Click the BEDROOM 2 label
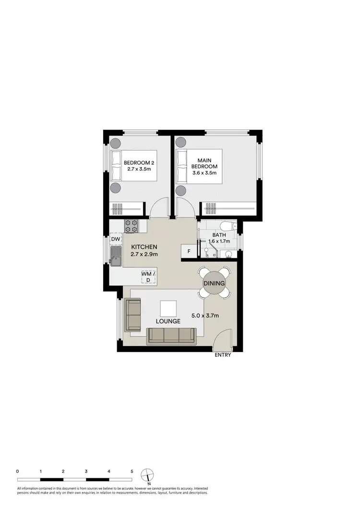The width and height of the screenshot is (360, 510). (139, 166)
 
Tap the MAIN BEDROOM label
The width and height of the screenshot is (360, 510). (207, 166)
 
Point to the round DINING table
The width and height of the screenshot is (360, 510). (214, 283)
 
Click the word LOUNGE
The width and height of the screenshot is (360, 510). (167, 321)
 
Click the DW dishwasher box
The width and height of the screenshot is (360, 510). (116, 239)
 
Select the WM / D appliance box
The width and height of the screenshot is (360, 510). (148, 277)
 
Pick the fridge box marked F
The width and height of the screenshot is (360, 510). (189, 251)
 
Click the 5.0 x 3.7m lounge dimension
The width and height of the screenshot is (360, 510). (205, 316)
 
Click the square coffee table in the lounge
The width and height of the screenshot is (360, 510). (168, 307)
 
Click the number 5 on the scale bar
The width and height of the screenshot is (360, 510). (132, 472)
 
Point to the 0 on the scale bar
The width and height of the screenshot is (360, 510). (18, 472)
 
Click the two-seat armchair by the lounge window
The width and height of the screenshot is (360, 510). (132, 315)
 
